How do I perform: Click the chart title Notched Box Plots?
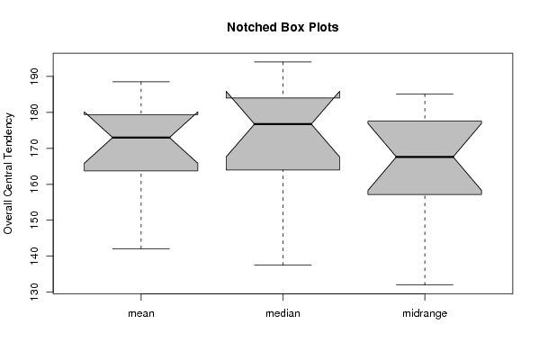point(283,27)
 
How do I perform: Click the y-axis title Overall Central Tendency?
point(8,174)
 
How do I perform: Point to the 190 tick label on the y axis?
point(34,76)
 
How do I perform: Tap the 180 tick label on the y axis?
point(34,112)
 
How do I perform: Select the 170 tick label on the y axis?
point(34,148)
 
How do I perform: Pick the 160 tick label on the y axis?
point(34,184)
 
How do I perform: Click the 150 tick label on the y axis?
point(34,220)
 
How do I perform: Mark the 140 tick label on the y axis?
point(34,256)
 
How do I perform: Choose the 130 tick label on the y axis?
point(34,292)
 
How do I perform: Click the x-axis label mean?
point(141,313)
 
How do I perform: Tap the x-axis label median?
point(283,313)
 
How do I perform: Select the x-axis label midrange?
point(425,313)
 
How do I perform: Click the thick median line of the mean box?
point(141,138)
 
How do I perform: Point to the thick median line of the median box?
point(283,124)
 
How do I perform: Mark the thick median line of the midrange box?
point(425,157)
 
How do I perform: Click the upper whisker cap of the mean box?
point(141,82)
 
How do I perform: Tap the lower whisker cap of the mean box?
point(141,248)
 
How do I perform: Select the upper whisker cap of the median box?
point(283,62)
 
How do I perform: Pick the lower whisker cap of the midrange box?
point(425,284)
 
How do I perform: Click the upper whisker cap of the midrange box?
point(425,94)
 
